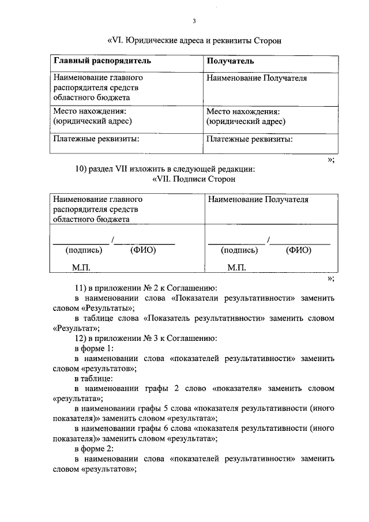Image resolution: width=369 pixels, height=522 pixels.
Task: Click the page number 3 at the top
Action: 194,22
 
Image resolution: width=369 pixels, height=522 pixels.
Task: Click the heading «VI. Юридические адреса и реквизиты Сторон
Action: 194,41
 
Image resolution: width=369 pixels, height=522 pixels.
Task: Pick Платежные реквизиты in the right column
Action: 249,139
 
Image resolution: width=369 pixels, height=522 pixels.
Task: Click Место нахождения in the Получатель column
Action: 243,111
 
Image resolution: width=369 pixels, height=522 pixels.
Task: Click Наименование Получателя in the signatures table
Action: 258,200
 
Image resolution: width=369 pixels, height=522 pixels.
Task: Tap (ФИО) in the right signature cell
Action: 299,250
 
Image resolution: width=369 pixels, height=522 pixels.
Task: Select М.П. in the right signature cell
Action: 236,268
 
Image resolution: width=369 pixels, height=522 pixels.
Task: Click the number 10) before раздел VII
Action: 81,169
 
